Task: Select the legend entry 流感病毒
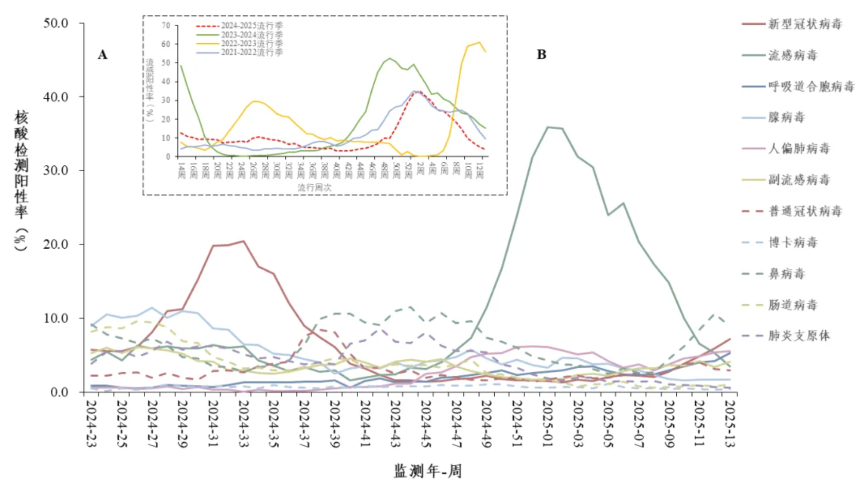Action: click(x=792, y=56)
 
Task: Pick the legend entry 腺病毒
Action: click(x=786, y=117)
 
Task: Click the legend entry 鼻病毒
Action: click(x=786, y=274)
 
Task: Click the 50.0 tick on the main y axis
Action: click(x=56, y=23)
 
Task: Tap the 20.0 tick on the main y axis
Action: click(x=56, y=245)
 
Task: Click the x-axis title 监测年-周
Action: click(x=428, y=470)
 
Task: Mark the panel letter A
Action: click(x=103, y=55)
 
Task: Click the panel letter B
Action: click(x=542, y=55)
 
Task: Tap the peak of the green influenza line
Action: click(x=548, y=127)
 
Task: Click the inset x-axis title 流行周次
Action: click(x=314, y=187)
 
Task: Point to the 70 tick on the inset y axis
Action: click(x=166, y=25)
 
